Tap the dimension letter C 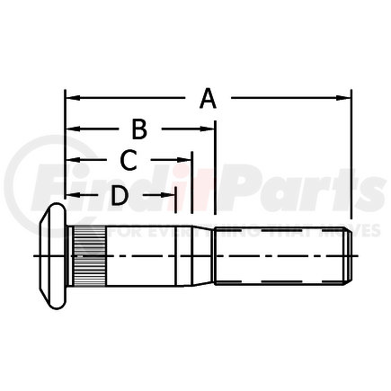129,161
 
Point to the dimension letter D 118,193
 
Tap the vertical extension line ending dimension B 216,171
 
